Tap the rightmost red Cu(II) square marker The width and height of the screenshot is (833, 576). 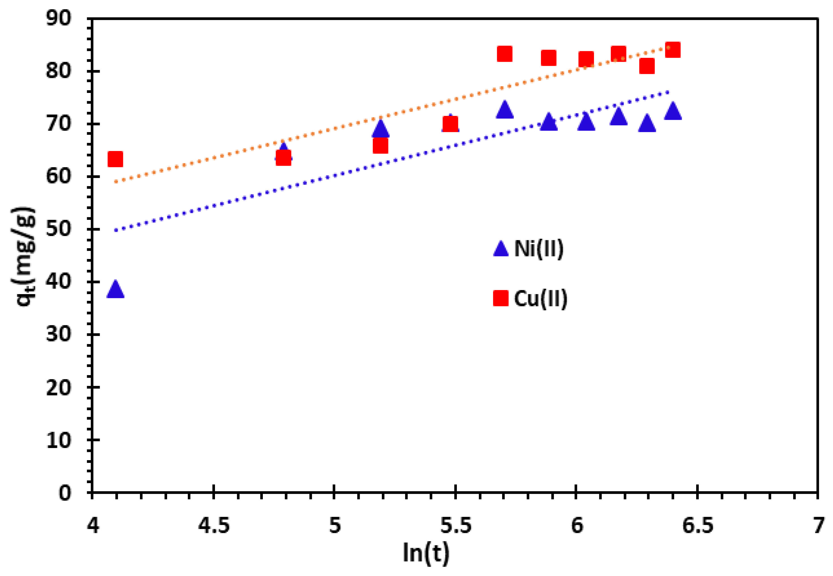click(x=673, y=50)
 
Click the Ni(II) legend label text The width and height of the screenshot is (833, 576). click(x=539, y=249)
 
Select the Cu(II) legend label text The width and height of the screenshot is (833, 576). click(x=540, y=298)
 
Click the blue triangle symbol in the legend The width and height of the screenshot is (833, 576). click(x=501, y=249)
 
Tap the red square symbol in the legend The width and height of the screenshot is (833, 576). click(x=501, y=298)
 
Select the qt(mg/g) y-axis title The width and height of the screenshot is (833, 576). click(x=25, y=256)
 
